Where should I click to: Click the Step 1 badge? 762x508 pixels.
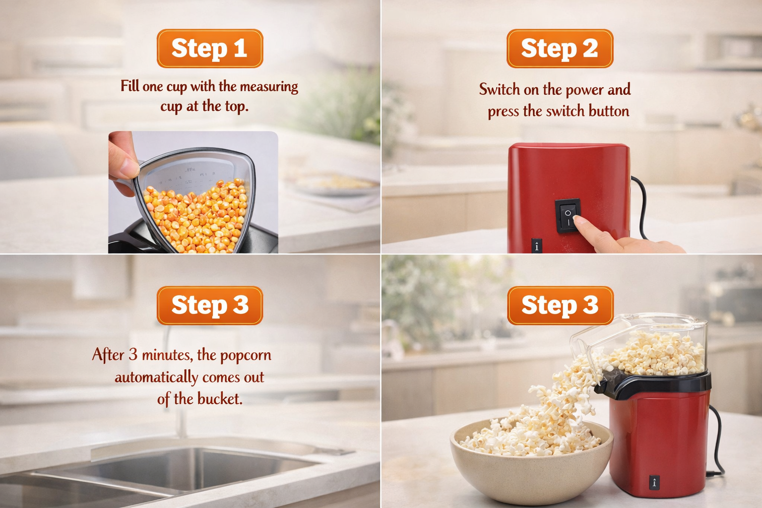tap(209, 48)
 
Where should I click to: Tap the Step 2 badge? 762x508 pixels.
tap(560, 48)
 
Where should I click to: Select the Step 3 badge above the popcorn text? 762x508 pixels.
tap(209, 305)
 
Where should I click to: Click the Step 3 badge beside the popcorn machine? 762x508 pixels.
tap(560, 305)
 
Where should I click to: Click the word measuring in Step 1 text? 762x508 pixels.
tap(269, 86)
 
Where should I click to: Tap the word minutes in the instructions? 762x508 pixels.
tap(167, 355)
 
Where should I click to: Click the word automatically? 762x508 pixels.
tap(156, 378)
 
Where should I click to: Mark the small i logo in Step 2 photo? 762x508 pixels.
tap(537, 246)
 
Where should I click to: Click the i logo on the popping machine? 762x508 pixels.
tap(654, 482)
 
